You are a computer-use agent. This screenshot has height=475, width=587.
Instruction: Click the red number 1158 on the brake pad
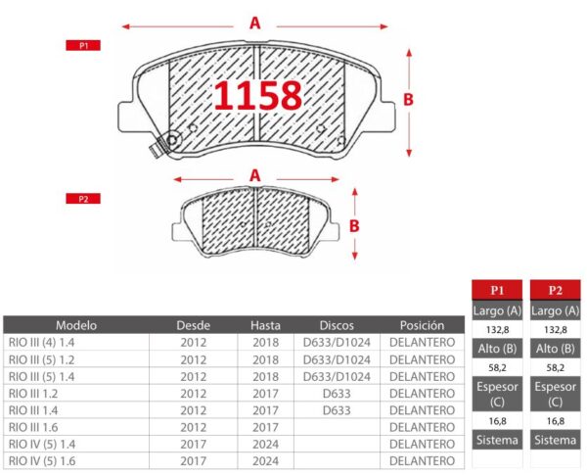point(258,96)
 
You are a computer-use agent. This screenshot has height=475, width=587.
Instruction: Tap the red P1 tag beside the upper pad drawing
point(83,45)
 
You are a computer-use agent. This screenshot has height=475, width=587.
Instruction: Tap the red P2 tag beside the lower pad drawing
point(83,199)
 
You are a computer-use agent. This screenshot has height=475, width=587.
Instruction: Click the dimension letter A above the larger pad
point(255,24)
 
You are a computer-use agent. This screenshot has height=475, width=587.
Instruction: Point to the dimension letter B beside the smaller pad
point(354,226)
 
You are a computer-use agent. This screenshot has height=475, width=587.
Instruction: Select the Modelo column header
point(76,325)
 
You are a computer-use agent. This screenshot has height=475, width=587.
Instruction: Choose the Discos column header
point(337,325)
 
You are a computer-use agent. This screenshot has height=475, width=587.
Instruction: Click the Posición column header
point(422,325)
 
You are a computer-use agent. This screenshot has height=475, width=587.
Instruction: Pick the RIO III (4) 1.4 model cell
point(41,342)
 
